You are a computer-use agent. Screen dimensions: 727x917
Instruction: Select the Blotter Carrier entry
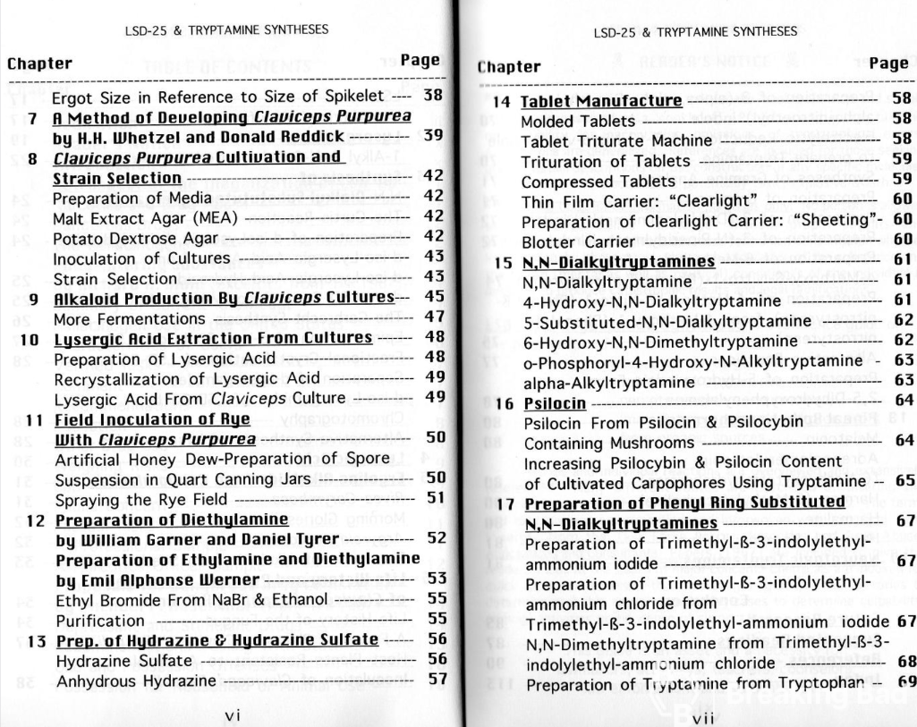(x=567, y=241)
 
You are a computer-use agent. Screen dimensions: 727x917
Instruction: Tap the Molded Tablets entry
(x=578, y=121)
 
